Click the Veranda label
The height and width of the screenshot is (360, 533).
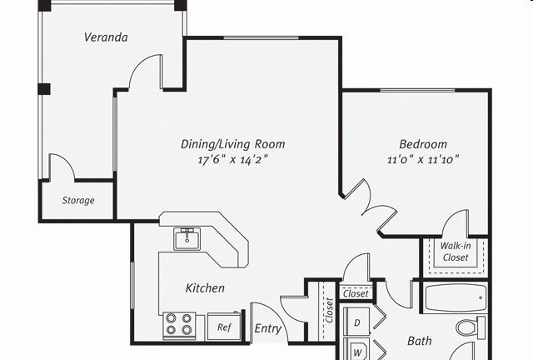pos(106,37)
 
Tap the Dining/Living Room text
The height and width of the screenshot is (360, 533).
pos(233,144)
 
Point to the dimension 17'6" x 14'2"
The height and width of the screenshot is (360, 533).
pos(233,160)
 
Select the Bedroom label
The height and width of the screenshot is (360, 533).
pos(423,144)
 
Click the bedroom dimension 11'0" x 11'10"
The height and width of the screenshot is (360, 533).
pos(423,159)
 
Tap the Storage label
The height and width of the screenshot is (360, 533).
pos(78,200)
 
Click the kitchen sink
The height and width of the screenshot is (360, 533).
pos(187,239)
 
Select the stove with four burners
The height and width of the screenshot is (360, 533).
pos(179,326)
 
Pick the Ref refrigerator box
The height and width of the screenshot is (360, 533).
pos(224,327)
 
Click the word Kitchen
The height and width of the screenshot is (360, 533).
pos(205,288)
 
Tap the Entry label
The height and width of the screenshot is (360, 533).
pos(268,328)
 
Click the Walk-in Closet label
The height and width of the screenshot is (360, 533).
pos(456,252)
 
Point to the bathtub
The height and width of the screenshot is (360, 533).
pos(456,298)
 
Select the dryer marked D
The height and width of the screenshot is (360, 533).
pos(356,322)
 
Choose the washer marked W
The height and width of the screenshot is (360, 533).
pos(356,350)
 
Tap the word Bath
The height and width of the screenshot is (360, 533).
pos(420,341)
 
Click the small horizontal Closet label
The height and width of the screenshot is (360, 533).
pos(356,293)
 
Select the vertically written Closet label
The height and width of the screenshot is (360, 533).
pos(329,310)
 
